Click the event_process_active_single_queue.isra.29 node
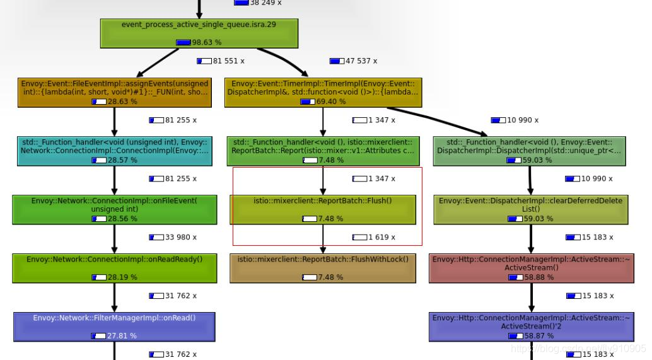tap(199, 33)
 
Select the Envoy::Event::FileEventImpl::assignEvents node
tap(114, 92)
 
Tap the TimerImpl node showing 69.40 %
tap(323, 92)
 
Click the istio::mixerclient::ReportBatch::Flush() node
tap(323, 209)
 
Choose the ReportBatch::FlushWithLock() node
tap(323, 268)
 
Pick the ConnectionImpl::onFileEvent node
tap(114, 209)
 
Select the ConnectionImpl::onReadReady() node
tap(114, 268)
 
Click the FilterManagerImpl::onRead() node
tap(114, 327)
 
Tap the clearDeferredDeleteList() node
tap(530, 209)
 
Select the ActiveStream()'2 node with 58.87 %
tap(530, 327)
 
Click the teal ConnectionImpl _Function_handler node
tap(114, 151)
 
